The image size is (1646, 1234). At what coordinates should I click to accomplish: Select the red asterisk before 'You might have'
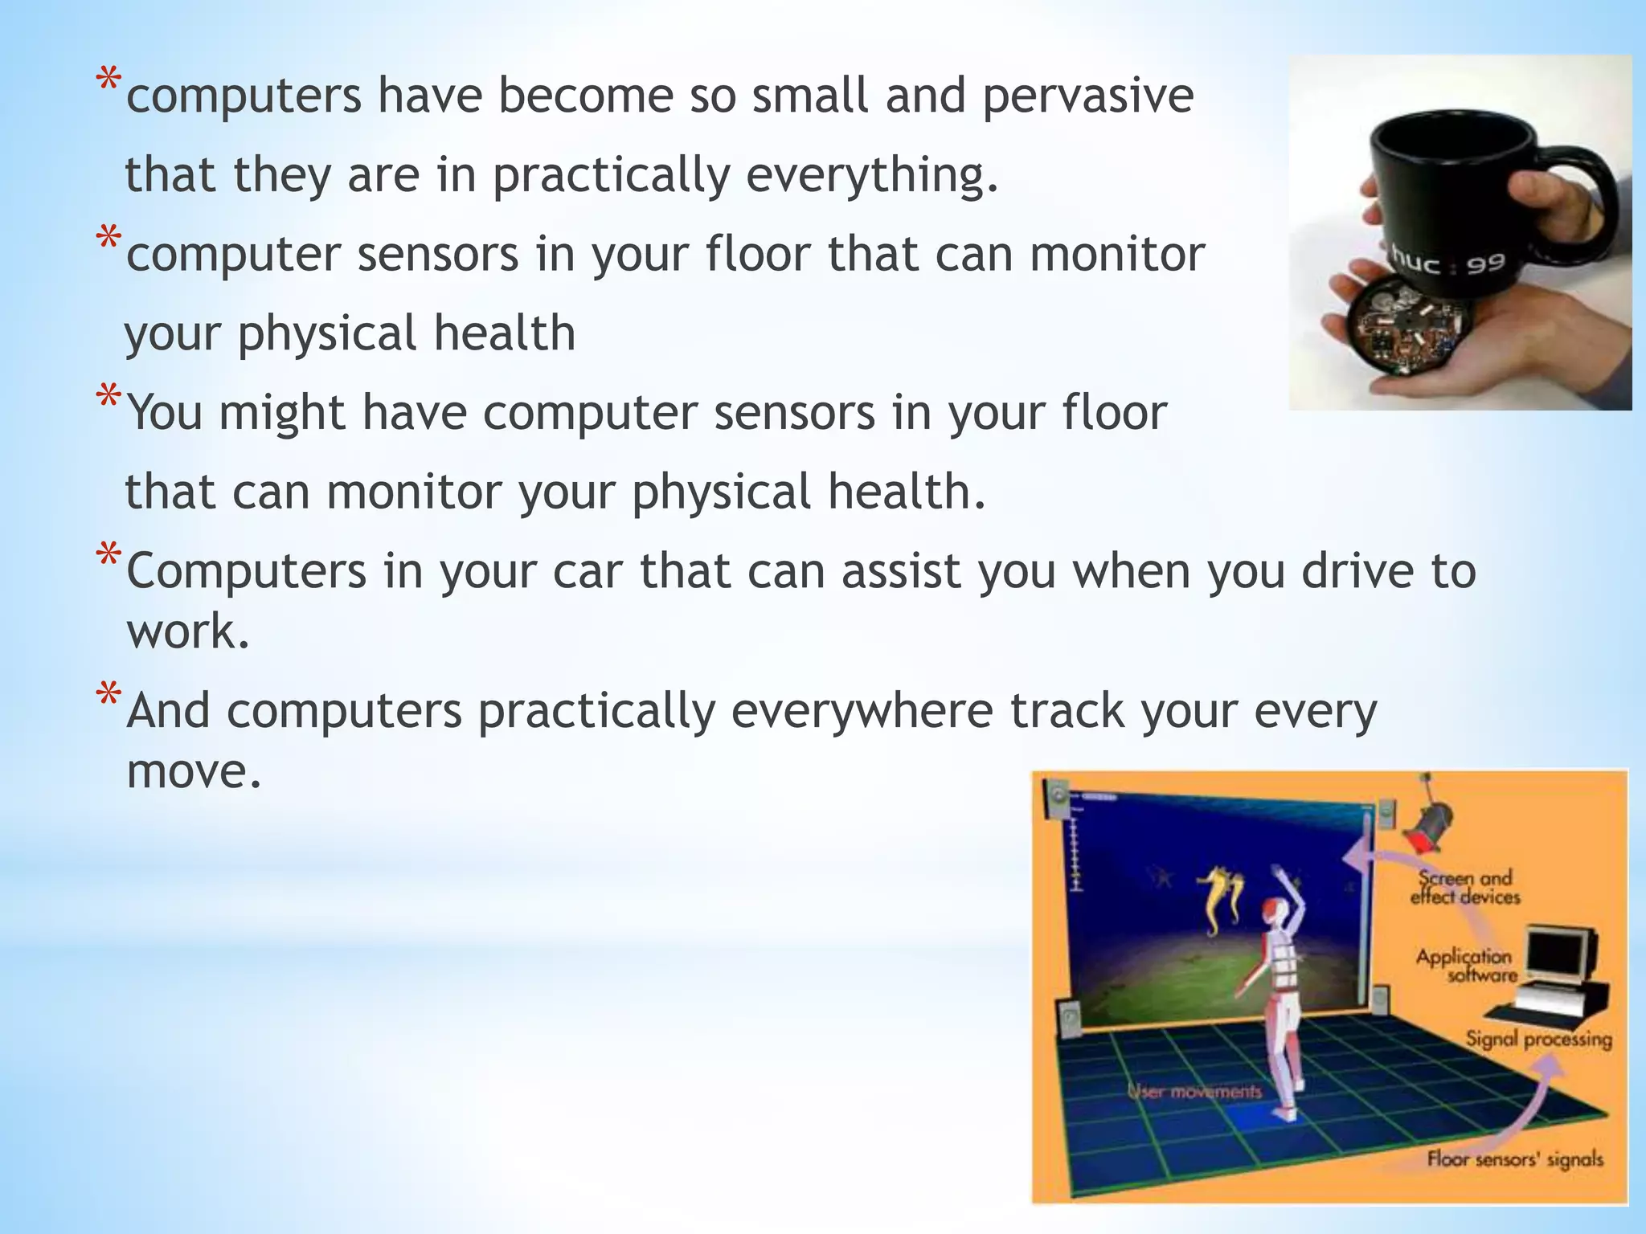point(109,397)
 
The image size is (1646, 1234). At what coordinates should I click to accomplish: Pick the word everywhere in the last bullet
point(861,711)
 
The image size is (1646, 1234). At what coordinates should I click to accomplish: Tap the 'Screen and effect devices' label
point(1465,888)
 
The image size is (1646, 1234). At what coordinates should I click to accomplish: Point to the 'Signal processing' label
point(1538,1040)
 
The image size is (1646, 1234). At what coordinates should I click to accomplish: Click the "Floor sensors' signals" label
point(1514,1159)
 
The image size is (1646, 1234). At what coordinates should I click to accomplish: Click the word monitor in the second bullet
point(1116,255)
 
